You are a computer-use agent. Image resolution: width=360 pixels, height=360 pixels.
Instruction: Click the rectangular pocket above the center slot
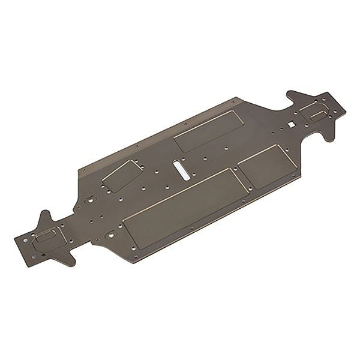(x=209, y=131)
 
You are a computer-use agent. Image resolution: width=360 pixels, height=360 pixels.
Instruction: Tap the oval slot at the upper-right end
(x=318, y=114)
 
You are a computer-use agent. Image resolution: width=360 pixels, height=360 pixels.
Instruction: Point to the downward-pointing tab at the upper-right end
(x=329, y=135)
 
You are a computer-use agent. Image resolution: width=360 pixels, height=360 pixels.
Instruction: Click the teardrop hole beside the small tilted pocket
(x=91, y=200)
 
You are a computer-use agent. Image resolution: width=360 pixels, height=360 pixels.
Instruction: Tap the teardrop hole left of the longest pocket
(x=112, y=235)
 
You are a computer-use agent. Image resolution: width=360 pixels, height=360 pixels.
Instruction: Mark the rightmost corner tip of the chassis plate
(x=346, y=108)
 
